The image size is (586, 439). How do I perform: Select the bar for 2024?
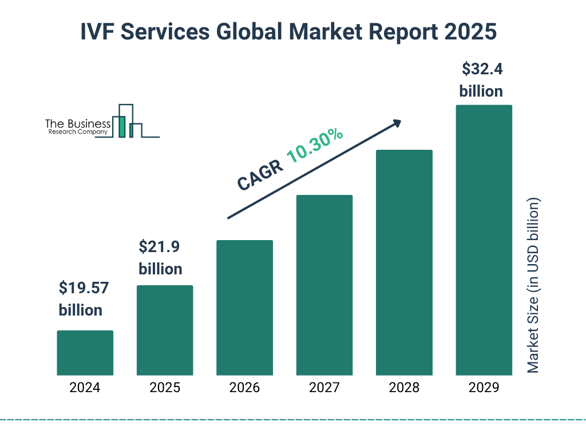85,353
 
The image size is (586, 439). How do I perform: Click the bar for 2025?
165,330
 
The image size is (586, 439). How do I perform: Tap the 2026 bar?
244,308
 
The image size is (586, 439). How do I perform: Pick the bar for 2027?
324,285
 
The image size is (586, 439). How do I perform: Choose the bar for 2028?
404,262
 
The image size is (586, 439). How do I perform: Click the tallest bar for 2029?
484,240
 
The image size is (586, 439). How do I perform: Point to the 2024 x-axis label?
85,388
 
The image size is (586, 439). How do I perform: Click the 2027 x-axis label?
324,388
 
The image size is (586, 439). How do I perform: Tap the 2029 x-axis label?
484,388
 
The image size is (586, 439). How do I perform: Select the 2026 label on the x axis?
244,388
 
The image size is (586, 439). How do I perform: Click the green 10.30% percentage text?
315,146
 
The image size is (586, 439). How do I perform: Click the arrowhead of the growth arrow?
396,123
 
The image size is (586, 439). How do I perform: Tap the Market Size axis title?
533,286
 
